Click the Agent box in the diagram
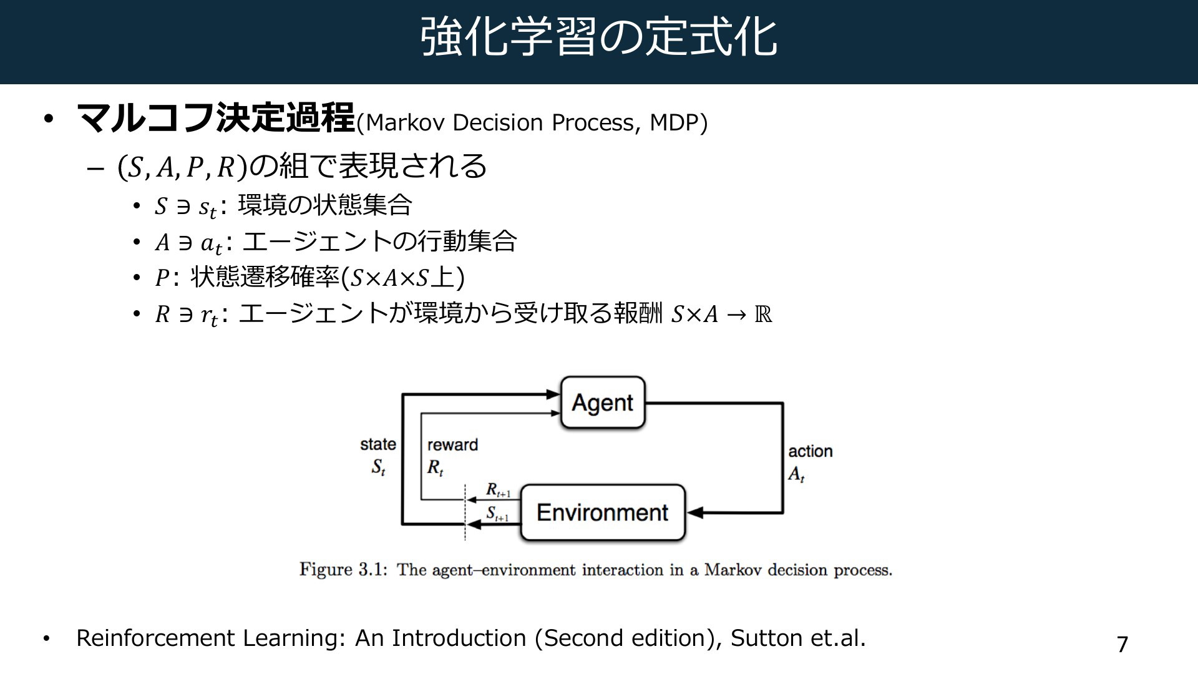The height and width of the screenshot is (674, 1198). (603, 403)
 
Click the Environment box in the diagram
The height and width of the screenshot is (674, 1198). (603, 512)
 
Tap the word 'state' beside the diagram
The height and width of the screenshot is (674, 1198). (378, 444)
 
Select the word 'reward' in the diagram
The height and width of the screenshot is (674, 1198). (452, 445)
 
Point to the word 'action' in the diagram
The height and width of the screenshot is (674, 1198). (811, 451)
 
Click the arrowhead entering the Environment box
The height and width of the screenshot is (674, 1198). (695, 513)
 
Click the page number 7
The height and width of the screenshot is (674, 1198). (1123, 644)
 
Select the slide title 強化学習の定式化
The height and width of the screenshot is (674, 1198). (599, 37)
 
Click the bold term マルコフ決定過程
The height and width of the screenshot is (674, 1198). (216, 119)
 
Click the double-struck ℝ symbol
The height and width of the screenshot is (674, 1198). (763, 314)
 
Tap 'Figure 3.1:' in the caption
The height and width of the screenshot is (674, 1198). (344, 570)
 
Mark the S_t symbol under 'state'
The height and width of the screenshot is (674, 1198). (378, 467)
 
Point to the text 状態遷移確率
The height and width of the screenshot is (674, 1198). (266, 278)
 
